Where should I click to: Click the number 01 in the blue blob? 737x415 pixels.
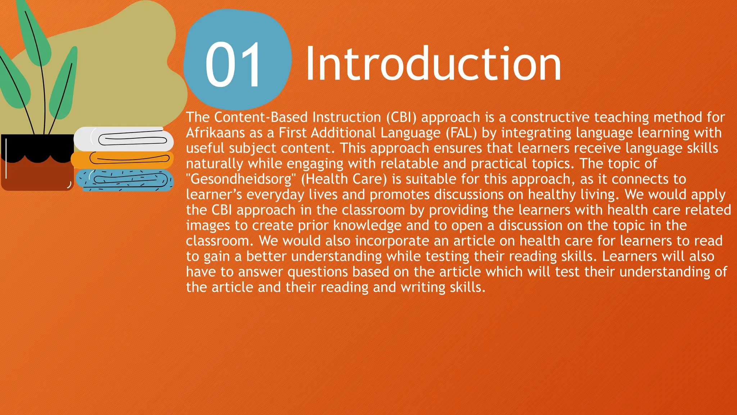(234, 65)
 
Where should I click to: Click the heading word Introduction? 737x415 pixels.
(433, 64)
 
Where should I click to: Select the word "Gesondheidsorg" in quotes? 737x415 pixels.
(241, 179)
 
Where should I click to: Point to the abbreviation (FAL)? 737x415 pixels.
(461, 133)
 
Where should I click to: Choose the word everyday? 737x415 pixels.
(275, 195)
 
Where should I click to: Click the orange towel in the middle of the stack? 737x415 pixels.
(122, 160)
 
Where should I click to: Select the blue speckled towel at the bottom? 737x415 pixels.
(124, 180)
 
